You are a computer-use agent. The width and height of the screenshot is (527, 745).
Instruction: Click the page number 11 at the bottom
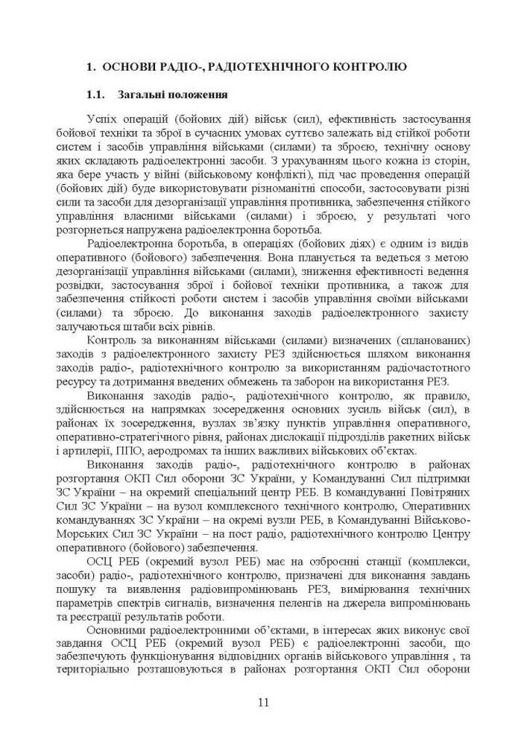tap(263, 702)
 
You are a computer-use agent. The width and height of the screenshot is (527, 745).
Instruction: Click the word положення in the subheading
tap(195, 95)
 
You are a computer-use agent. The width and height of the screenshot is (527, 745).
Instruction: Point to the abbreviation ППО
tap(123, 451)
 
